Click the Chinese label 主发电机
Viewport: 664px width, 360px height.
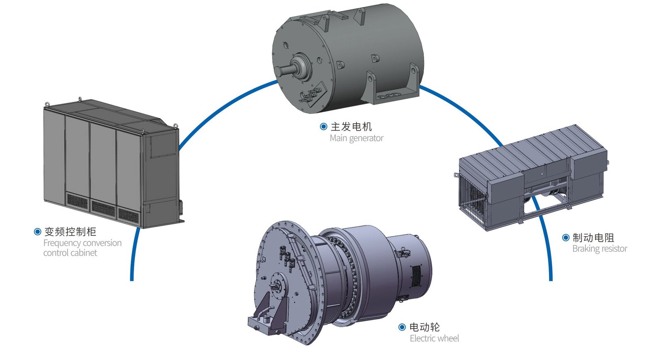(x=351, y=127)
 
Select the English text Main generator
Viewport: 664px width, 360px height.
(x=356, y=138)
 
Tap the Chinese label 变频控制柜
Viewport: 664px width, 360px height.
(x=70, y=232)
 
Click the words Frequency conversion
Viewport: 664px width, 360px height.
(x=82, y=243)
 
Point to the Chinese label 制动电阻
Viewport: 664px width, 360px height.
(x=593, y=238)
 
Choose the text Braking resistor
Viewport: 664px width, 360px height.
(x=600, y=249)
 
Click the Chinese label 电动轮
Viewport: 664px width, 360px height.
(x=424, y=327)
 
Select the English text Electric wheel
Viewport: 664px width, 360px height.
(x=434, y=338)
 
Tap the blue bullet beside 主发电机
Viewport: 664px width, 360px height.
(x=324, y=127)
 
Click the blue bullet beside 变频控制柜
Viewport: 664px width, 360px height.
(x=37, y=232)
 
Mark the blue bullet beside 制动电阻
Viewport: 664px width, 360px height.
(x=566, y=238)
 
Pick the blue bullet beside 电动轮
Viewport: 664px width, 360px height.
(x=402, y=327)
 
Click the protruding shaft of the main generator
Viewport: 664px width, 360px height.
(x=284, y=71)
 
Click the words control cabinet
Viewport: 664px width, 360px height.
(x=70, y=253)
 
